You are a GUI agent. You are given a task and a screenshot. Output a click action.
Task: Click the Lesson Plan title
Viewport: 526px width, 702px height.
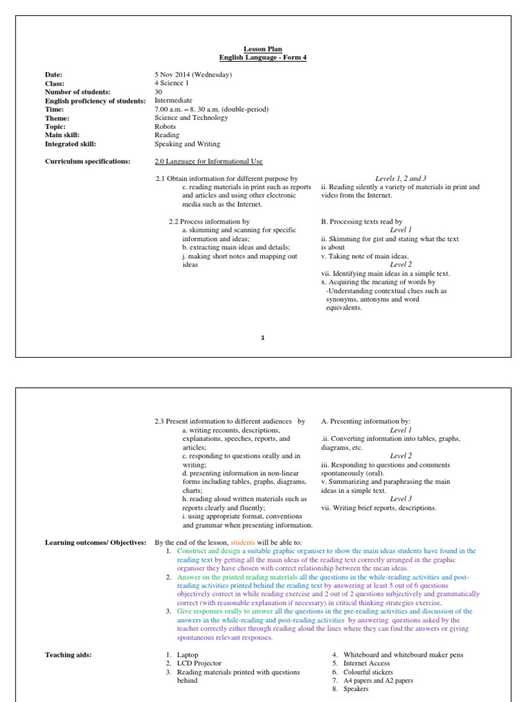pos(262,49)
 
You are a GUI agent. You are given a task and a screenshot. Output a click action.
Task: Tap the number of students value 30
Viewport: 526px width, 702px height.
pos(160,91)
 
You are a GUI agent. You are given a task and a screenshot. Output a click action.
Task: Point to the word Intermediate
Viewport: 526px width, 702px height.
pos(175,100)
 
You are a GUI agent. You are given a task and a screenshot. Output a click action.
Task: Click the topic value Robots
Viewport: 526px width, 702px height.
pos(166,127)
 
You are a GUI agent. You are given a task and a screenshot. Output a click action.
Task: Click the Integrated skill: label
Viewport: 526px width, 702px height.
pos(71,145)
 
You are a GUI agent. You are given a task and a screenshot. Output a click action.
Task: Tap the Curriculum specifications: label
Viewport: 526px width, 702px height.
pos(87,161)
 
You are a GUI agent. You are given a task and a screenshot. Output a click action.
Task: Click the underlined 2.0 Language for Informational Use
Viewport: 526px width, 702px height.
pos(209,161)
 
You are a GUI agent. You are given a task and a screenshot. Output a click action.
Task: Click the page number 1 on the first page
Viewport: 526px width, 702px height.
pos(262,337)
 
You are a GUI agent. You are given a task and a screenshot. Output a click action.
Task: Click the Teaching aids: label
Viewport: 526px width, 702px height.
pos(68,655)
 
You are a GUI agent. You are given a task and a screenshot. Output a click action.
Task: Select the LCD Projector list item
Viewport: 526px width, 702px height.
pos(197,664)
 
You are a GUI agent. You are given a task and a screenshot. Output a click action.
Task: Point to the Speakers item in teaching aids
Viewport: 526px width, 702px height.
pos(357,690)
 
